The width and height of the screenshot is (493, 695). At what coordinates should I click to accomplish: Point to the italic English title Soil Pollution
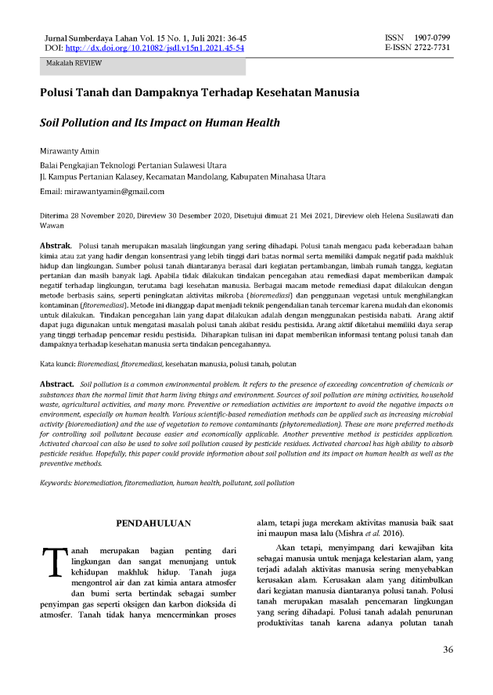click(x=160, y=123)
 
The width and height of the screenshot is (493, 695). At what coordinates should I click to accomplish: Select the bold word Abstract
click(x=58, y=384)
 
